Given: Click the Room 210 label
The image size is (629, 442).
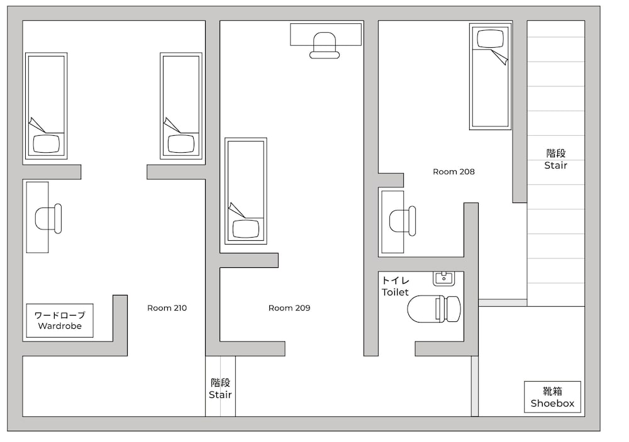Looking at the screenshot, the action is click(167, 308).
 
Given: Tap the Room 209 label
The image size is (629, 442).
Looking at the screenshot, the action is click(289, 308).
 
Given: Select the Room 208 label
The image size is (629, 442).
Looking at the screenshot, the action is click(454, 172).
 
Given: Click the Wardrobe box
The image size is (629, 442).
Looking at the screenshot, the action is click(60, 321).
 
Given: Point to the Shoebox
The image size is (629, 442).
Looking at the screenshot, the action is click(552, 397).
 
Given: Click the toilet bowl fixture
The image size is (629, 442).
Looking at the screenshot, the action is click(434, 309).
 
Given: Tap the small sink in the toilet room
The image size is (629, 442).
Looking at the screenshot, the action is click(443, 279).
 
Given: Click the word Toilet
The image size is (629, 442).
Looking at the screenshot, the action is click(395, 292).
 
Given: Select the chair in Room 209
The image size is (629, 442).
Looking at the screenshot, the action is click(325, 45).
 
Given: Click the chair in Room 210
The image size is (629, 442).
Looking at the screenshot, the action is click(48, 219).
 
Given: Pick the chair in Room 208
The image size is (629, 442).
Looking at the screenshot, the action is click(403, 221).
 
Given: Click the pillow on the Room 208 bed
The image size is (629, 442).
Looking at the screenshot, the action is click(490, 39).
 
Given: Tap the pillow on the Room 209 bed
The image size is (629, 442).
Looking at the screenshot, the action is click(246, 229).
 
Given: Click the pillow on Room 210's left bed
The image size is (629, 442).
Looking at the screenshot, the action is click(46, 143).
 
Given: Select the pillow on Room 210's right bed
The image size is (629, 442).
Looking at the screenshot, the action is click(181, 143).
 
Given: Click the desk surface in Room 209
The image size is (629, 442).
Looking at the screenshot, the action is click(326, 35).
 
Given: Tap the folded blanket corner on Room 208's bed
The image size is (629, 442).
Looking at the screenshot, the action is click(500, 57).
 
